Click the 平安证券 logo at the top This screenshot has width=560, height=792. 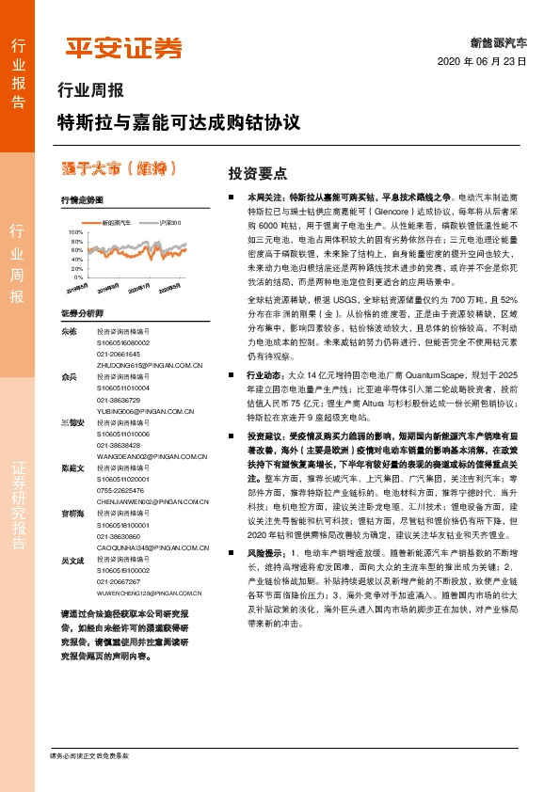[x=122, y=48]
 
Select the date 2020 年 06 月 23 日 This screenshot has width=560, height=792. [x=482, y=62]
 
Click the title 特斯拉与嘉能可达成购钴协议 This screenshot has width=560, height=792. [x=178, y=122]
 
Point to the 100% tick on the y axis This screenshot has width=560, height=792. [x=75, y=230]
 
